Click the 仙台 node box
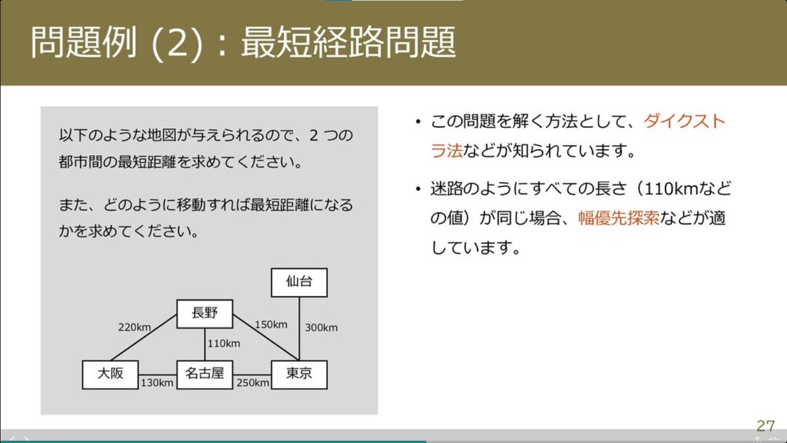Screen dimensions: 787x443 tap(299, 283)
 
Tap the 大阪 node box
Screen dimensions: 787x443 tap(110, 374)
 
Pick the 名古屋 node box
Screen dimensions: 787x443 tap(205, 374)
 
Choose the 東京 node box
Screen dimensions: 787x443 tap(299, 374)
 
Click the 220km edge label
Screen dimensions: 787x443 tap(134, 326)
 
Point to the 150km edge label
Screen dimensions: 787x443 tap(272, 324)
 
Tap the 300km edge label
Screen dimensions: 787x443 tap(321, 327)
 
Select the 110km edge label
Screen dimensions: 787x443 tap(224, 343)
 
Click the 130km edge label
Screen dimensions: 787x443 tap(157, 383)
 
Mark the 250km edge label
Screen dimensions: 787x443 tap(253, 383)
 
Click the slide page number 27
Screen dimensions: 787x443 tap(765, 425)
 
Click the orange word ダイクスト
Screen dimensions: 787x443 tap(684, 122)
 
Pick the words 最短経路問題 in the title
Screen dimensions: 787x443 tap(348, 44)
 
